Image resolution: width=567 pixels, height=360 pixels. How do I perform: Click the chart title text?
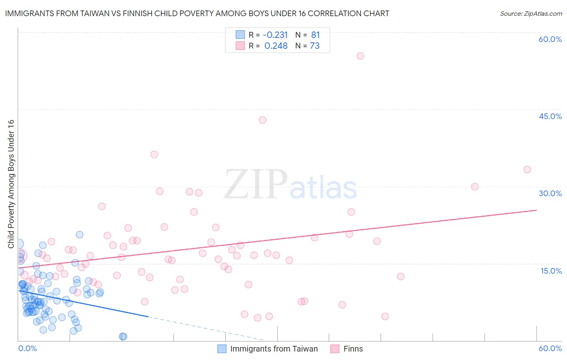pos(197,13)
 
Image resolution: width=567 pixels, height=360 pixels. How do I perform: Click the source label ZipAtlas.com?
pos(531,14)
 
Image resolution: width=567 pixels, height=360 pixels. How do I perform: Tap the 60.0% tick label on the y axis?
pos(550,39)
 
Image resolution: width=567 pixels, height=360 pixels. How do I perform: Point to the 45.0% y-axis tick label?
pos(550,116)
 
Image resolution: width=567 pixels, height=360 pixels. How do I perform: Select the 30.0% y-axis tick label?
pos(550,193)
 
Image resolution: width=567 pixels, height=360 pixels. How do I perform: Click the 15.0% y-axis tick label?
pos(551,271)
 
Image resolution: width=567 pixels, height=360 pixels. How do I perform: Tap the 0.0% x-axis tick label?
pos(27,348)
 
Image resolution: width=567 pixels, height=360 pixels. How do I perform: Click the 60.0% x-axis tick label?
pos(550,348)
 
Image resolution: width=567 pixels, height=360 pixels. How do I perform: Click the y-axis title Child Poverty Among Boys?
pos(11,184)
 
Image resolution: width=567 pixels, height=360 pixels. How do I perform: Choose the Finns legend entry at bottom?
pos(353,349)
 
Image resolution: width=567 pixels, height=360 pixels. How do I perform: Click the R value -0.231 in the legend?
pos(275,35)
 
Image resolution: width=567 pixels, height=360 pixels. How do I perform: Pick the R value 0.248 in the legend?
pos(276,46)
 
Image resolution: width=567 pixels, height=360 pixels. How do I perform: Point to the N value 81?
pos(315,35)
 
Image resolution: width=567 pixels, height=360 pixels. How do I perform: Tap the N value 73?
pos(315,46)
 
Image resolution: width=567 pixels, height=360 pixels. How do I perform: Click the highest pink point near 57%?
pos(360,56)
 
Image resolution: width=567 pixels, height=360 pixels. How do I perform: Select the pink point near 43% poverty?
pos(263,120)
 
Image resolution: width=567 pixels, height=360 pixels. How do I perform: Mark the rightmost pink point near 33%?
pos(527,170)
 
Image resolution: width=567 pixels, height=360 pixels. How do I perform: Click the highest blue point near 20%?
pos(79,234)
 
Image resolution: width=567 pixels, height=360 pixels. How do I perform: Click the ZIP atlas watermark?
pos(290,185)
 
